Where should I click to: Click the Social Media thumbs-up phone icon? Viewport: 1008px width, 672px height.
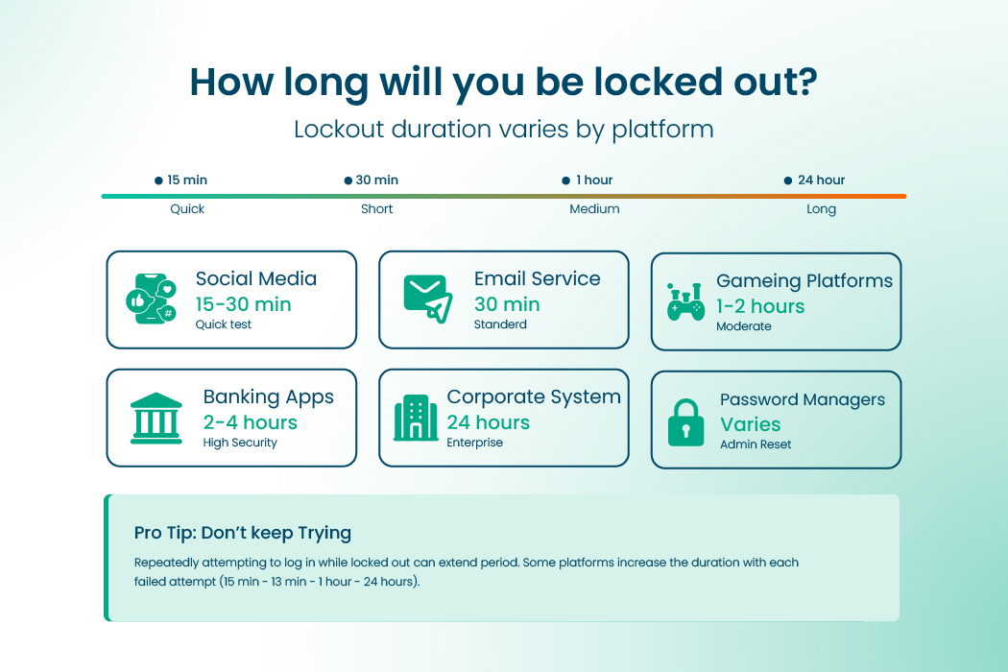[x=152, y=299]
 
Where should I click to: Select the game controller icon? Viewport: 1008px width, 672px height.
[x=685, y=302]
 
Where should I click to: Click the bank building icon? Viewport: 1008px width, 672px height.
[x=156, y=418]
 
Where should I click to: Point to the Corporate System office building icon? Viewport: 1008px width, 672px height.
[x=416, y=419]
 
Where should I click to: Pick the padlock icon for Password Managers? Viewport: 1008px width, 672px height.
[x=685, y=421]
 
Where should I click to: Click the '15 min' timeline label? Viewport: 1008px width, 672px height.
[x=187, y=180]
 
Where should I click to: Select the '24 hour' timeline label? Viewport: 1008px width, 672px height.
[x=821, y=180]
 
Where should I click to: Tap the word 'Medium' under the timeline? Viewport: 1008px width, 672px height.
[x=594, y=209]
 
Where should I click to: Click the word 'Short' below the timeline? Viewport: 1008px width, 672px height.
[x=377, y=209]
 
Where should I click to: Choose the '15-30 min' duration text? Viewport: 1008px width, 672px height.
[x=243, y=304]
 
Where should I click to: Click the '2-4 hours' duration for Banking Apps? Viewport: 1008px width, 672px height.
[x=251, y=422]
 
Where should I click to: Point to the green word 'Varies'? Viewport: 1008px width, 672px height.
[x=751, y=424]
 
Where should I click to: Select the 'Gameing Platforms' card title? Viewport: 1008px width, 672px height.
[x=804, y=281]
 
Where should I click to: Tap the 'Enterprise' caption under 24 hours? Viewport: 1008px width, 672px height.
[x=474, y=443]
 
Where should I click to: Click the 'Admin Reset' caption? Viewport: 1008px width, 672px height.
[x=756, y=444]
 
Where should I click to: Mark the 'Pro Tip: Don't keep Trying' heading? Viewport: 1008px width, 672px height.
[x=243, y=533]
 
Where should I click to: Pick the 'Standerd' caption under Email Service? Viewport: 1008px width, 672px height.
[x=500, y=324]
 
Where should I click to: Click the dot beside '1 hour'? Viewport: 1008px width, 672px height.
[x=566, y=180]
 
